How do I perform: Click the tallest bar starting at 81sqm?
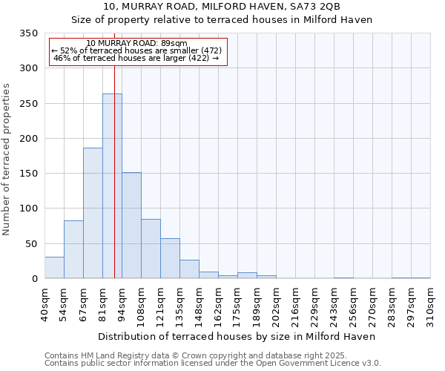coord(112,186)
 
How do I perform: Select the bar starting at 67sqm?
coord(93,214)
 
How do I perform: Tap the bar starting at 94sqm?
coord(131,226)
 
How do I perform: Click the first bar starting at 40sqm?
coord(54,268)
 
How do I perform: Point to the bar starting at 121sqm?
coord(170,259)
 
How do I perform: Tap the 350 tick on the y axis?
coord(28,33)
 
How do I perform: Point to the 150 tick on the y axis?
coord(28,174)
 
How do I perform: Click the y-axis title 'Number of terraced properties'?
coord(7,160)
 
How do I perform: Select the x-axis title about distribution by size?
coord(237,336)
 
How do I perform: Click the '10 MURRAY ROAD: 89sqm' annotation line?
coord(136,43)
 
